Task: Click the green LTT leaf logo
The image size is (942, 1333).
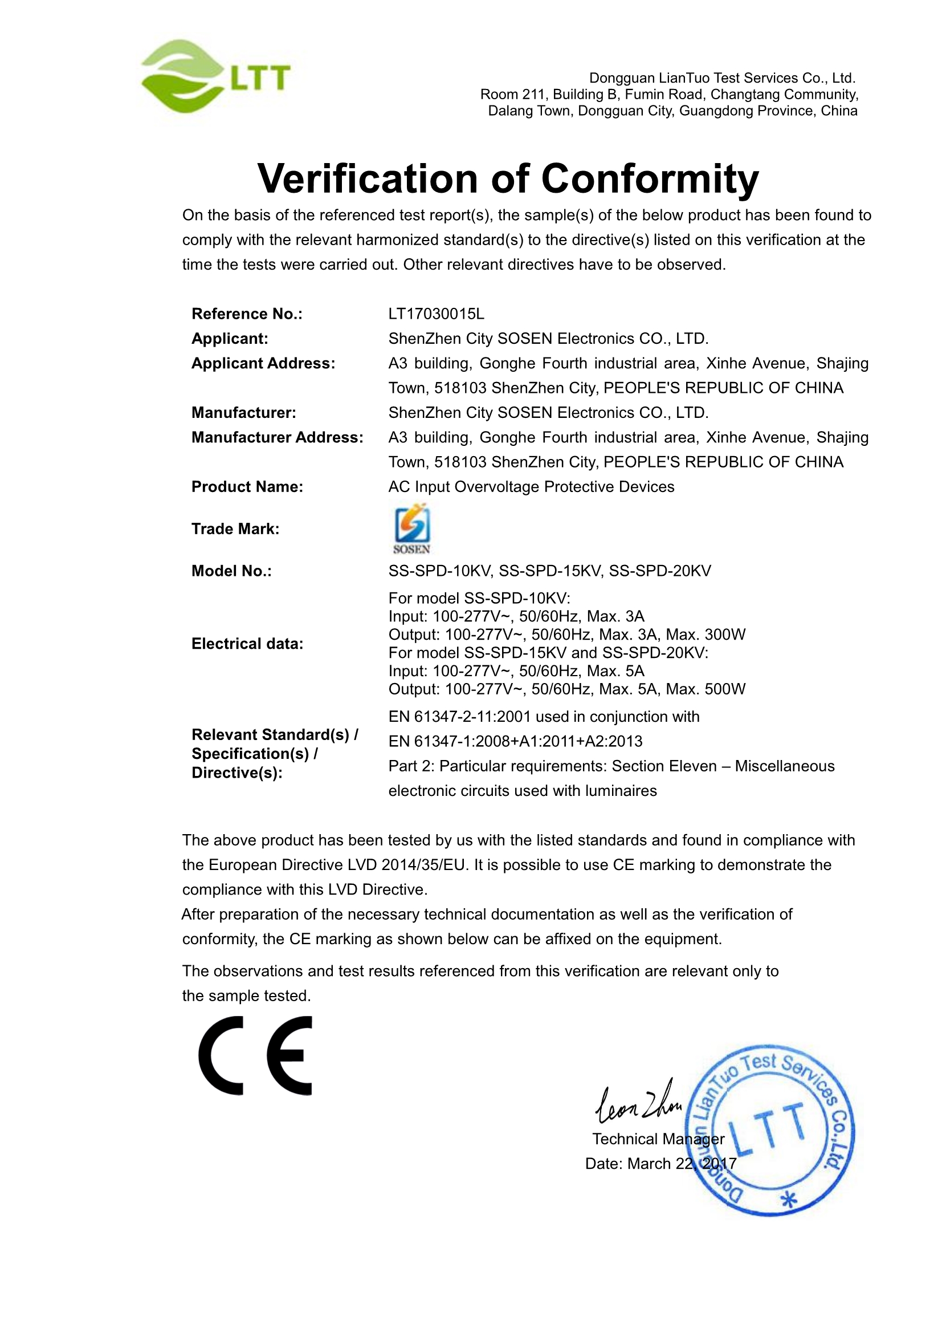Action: (215, 76)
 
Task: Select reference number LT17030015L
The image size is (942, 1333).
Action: (436, 314)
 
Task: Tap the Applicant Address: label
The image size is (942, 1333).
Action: (263, 363)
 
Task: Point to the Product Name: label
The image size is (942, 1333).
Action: (247, 486)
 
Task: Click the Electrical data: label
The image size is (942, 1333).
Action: (247, 643)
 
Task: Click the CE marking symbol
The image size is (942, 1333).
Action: (255, 1055)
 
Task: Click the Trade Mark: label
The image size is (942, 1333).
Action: (235, 529)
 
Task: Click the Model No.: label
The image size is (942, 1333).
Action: (231, 571)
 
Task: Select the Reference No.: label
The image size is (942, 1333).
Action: (247, 314)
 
